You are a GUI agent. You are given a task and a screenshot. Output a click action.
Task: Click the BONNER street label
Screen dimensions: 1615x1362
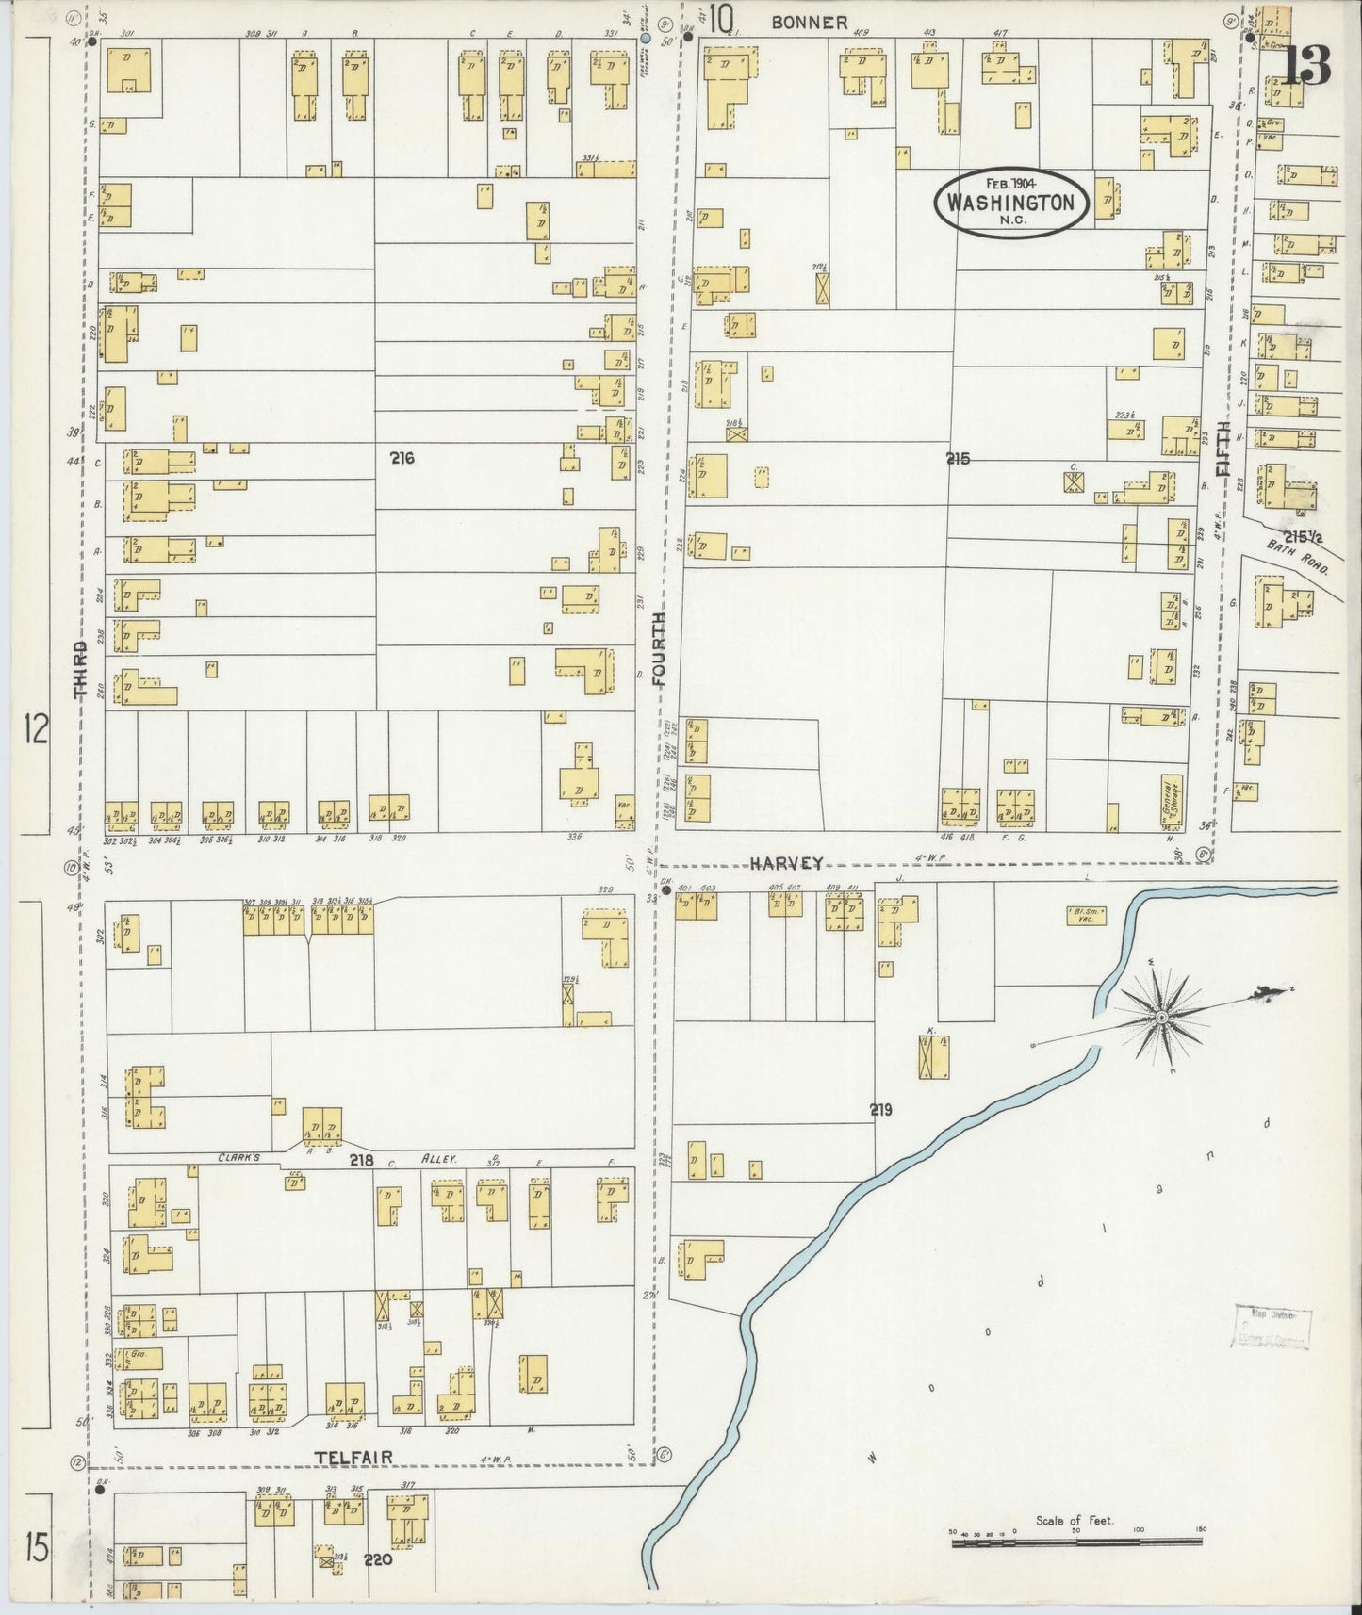point(809,23)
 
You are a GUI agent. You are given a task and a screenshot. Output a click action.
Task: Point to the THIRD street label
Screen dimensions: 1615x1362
point(81,670)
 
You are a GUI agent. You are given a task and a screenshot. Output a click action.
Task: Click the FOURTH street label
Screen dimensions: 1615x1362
point(658,648)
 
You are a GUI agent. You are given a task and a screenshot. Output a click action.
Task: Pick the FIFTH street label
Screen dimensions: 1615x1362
point(1223,447)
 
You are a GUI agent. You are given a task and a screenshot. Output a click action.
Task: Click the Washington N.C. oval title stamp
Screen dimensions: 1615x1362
point(1011,204)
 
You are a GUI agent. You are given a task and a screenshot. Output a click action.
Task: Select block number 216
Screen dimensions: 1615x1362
point(402,458)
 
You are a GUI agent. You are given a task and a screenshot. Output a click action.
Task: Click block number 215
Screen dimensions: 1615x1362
point(959,459)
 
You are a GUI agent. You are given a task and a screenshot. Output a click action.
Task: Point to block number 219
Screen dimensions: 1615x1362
point(880,1110)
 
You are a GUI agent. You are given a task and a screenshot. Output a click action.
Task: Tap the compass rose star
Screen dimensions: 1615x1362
point(1162,1018)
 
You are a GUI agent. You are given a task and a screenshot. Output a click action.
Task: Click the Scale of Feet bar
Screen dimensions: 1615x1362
point(1075,1542)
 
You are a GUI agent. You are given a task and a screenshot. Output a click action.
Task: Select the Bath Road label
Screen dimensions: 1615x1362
point(1298,563)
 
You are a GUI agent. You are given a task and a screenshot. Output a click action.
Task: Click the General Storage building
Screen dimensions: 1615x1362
point(1172,801)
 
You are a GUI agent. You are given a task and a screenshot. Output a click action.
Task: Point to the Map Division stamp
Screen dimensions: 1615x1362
point(1272,1329)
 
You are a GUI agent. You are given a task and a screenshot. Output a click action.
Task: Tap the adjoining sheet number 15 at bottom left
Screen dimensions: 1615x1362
point(37,1548)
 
